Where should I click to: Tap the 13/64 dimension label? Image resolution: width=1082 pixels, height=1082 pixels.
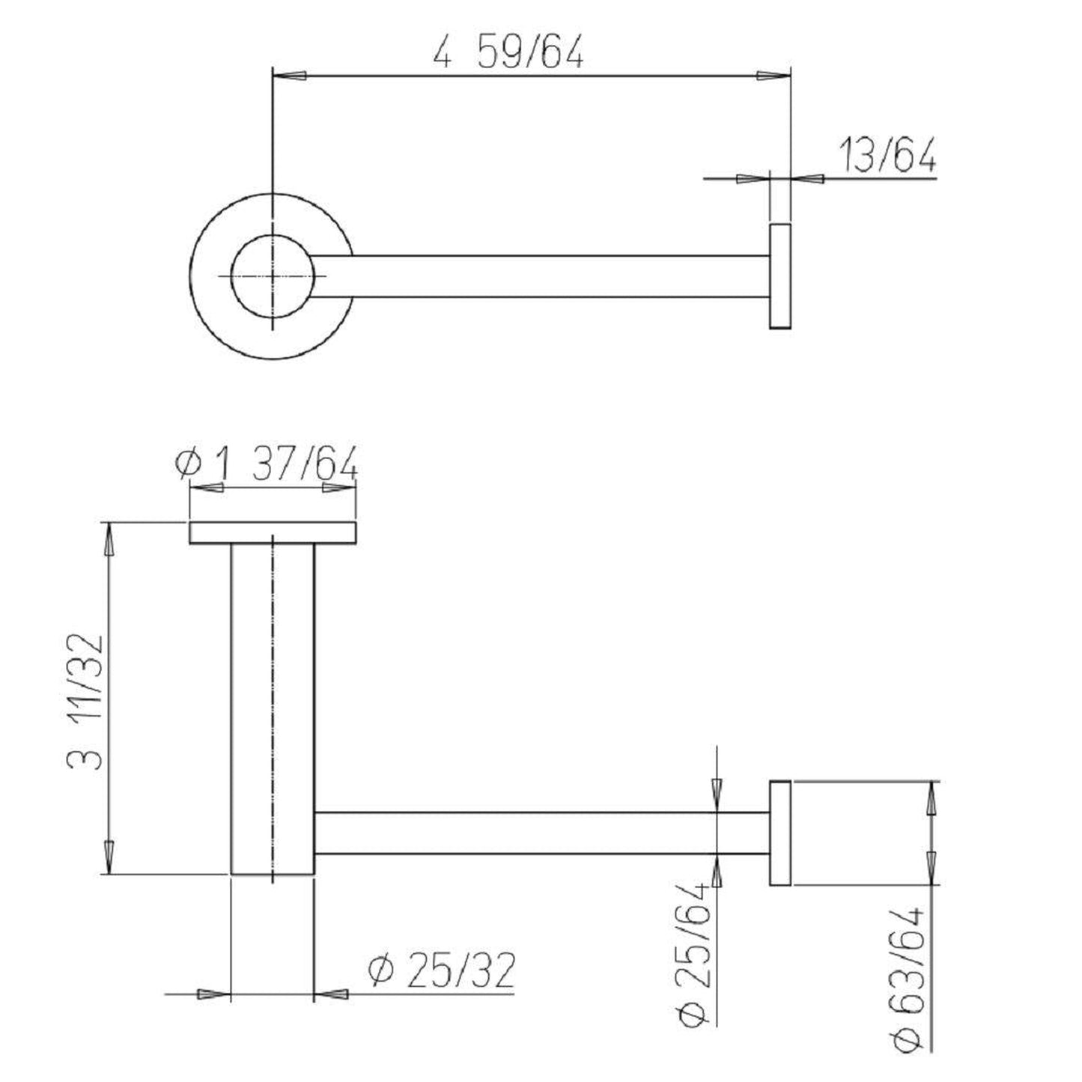point(888,155)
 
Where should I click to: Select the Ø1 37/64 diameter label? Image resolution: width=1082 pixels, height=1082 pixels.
point(266,464)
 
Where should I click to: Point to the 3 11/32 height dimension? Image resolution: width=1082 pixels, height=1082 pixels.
point(85,702)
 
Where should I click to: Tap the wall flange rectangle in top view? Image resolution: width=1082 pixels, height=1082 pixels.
point(779,276)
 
